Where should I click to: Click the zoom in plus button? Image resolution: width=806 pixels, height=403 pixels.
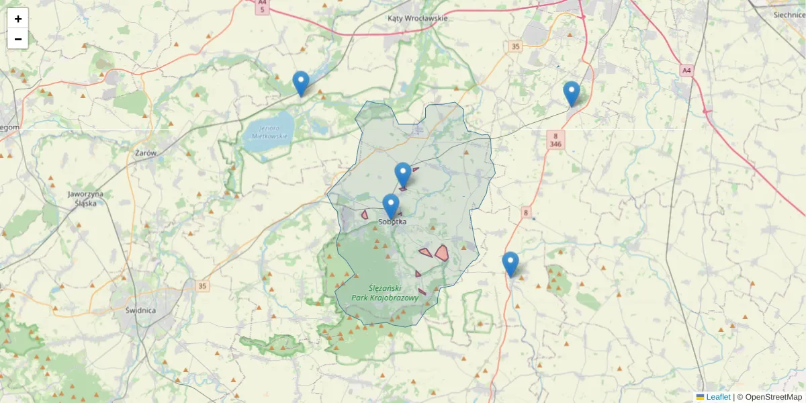click(x=18, y=19)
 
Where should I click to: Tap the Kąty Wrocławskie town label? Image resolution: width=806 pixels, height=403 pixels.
click(x=417, y=18)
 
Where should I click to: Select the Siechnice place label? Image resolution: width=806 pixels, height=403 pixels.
click(x=789, y=14)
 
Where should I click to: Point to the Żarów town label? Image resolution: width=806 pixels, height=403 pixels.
click(x=146, y=153)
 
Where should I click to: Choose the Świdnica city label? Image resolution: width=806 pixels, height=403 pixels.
click(x=140, y=310)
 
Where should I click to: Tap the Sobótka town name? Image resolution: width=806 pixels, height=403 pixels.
click(x=393, y=222)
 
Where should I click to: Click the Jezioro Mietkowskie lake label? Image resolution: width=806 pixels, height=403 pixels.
click(x=269, y=132)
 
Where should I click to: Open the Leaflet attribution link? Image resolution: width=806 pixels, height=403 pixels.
click(x=717, y=397)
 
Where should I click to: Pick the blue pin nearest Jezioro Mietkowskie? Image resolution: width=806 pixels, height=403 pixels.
click(x=301, y=83)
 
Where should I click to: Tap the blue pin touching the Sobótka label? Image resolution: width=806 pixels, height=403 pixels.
click(x=391, y=206)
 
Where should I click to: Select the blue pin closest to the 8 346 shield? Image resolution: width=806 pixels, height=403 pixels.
click(x=571, y=93)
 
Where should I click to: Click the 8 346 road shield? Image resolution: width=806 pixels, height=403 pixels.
click(x=555, y=140)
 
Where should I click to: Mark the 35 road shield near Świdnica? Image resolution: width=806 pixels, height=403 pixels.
click(x=203, y=286)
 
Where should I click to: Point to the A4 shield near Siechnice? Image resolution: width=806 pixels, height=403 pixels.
click(x=686, y=70)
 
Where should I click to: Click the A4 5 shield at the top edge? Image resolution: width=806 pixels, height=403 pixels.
click(x=262, y=7)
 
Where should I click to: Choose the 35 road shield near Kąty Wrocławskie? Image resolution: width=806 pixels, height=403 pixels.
click(x=515, y=46)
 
